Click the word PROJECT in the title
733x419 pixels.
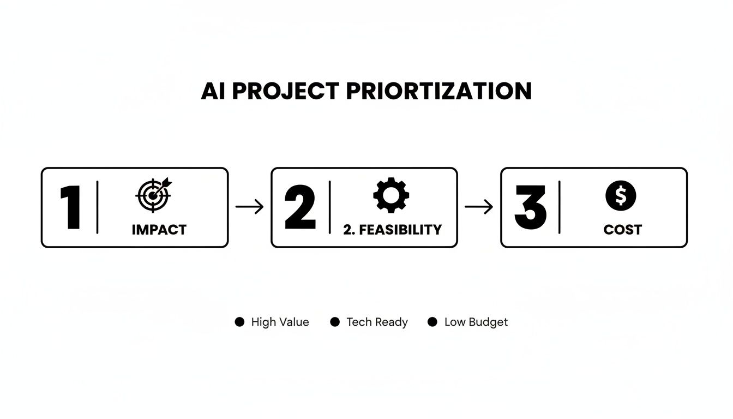(286, 91)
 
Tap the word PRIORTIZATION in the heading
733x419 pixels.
(439, 91)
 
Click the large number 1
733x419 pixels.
(70, 208)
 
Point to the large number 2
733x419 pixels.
(300, 208)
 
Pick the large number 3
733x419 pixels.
(530, 208)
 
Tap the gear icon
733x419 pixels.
(391, 195)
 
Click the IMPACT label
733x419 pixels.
(159, 230)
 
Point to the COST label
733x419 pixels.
(622, 230)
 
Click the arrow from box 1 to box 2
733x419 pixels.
(249, 207)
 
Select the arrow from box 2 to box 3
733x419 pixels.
(479, 207)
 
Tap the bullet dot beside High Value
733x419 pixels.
(239, 322)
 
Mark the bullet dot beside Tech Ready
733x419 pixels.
(335, 322)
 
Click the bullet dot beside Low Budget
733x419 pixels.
(432, 322)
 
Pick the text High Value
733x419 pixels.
(280, 322)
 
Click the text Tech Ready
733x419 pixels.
(377, 322)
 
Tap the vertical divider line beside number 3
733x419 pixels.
(560, 208)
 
